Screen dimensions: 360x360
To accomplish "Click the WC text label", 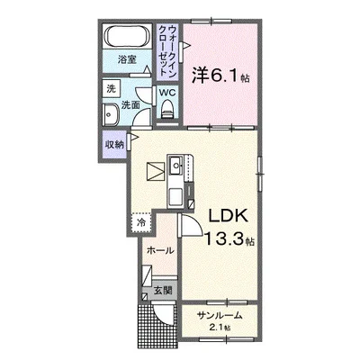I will [x=166, y=92].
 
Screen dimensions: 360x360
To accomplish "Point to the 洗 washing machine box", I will [x=110, y=89].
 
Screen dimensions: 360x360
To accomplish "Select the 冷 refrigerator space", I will [x=141, y=219].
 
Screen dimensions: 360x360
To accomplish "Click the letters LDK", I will [x=229, y=218].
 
